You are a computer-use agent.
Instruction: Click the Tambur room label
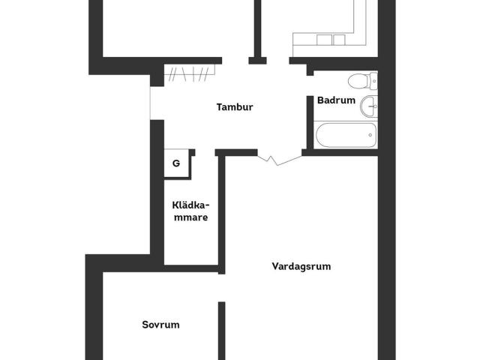pos(235,107)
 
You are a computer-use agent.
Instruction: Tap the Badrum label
pos(336,100)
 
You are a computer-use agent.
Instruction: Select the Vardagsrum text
pos(301,266)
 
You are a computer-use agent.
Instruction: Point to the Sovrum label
pos(161,325)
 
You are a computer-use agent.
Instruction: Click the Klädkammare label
pos(190,211)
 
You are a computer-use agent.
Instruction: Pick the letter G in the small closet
pos(176,163)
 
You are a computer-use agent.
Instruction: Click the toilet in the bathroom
pos(359,81)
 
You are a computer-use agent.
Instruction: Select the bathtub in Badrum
pos(345,136)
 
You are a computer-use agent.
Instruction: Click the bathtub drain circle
pos(370,136)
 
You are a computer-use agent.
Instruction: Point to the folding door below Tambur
pos(268,158)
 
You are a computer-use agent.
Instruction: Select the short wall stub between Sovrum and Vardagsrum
pos(222,330)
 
